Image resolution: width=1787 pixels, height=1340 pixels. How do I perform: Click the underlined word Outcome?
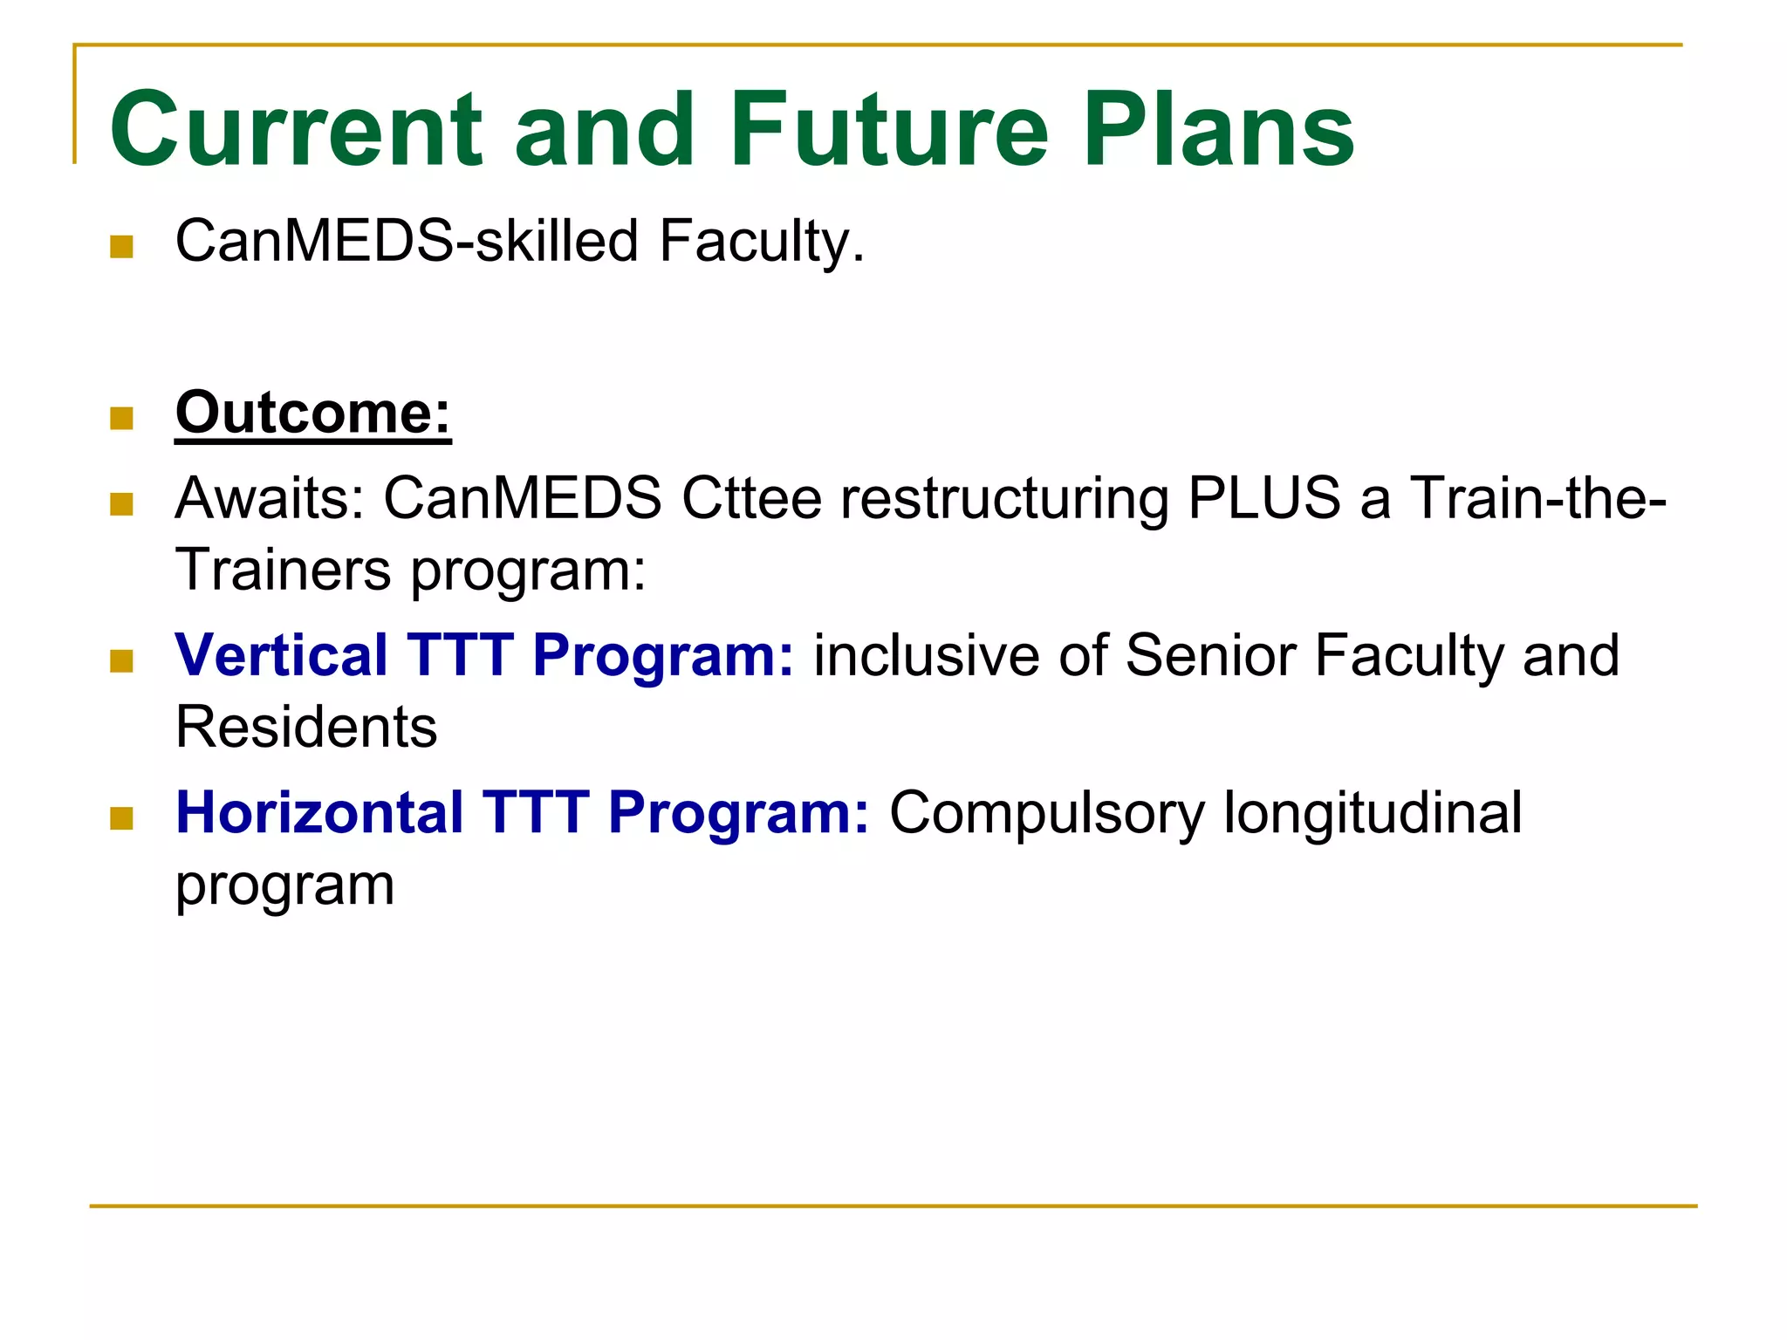click(313, 413)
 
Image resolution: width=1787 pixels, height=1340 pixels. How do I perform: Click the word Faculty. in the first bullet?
click(761, 243)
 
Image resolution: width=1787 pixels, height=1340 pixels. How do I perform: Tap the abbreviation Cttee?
click(751, 498)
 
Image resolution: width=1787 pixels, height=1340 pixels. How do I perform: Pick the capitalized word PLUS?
click(1264, 498)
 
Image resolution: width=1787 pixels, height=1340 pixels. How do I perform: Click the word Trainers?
click(284, 570)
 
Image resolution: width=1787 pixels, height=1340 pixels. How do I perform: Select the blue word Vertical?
click(281, 655)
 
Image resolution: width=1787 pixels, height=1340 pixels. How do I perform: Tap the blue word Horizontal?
click(319, 812)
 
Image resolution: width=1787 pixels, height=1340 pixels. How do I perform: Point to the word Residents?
click(306, 727)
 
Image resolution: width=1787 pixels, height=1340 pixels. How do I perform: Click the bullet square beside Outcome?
click(122, 419)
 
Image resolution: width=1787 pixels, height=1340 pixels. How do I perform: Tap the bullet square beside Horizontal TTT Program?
click(122, 818)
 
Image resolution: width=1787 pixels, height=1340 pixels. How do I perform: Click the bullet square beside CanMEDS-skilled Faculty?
click(122, 247)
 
